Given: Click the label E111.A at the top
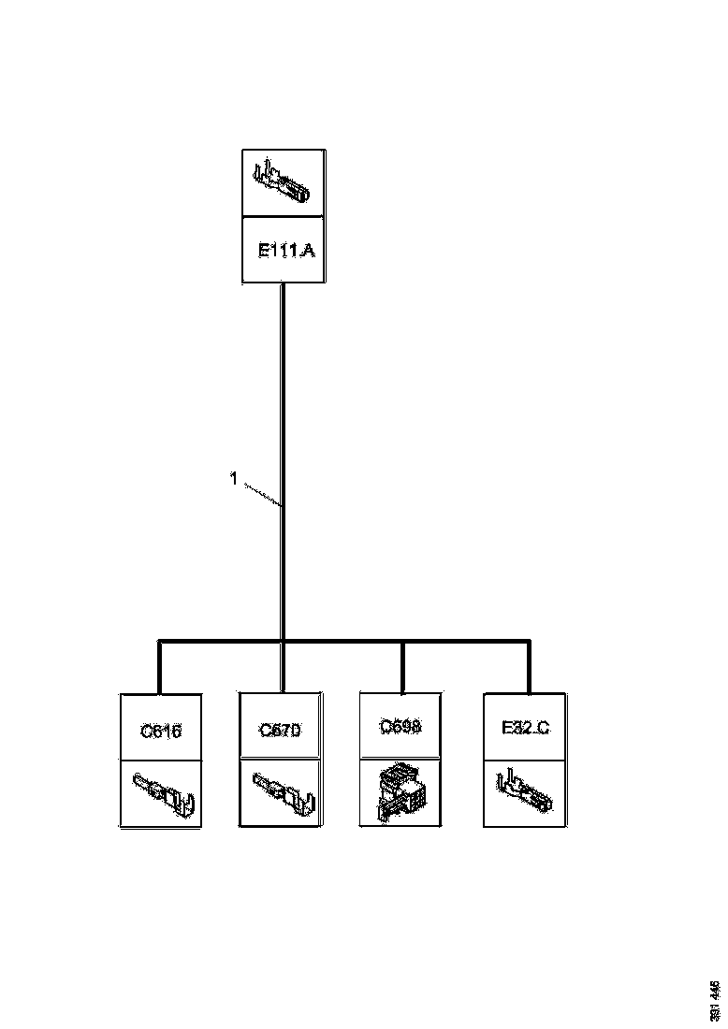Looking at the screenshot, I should coord(284,251).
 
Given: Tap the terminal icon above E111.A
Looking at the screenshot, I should coord(283,183).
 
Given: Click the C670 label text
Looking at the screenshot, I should coord(280,730).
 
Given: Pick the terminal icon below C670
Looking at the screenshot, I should coord(280,793).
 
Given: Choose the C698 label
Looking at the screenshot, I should coord(401,725).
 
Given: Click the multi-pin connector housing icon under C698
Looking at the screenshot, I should coord(401,793).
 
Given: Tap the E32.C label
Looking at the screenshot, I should coord(524,728).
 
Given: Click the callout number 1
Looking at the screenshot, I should coord(233,479).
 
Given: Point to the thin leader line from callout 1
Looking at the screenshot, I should coord(262,495).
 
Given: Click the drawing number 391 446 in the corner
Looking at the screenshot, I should coord(715,999).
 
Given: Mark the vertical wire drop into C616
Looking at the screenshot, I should coord(161,668).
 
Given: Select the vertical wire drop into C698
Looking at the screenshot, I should coord(402,668).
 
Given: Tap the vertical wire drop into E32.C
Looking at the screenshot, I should coord(529,668).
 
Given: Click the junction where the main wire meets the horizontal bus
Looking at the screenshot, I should coord(283,642).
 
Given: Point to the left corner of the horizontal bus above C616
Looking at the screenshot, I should coord(161,642).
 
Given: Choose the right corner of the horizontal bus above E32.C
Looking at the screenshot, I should coord(529,642).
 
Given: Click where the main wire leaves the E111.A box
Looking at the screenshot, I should coord(283,284).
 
